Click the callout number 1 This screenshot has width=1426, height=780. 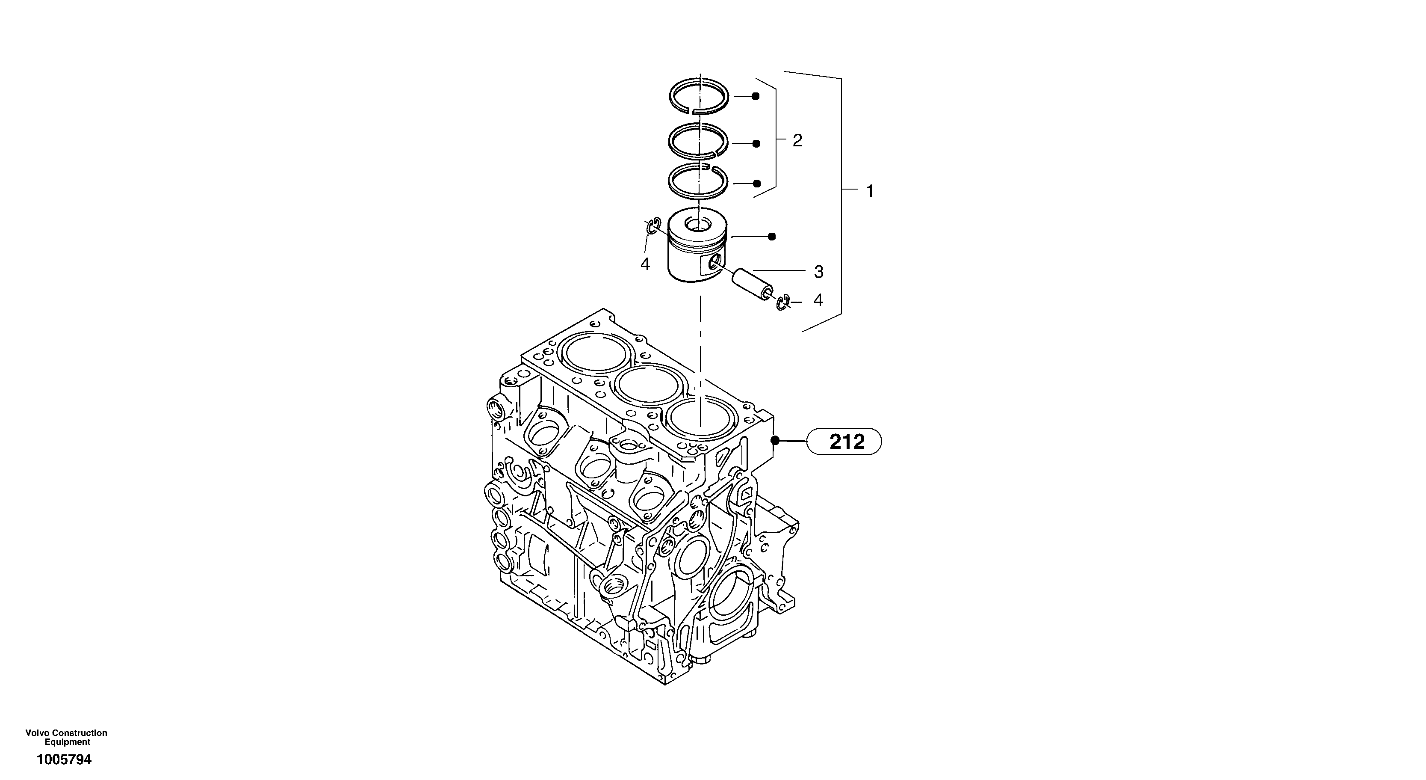pyautogui.click(x=870, y=192)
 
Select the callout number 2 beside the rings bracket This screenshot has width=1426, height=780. pyautogui.click(x=797, y=141)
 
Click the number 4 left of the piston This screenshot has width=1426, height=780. pyautogui.click(x=645, y=265)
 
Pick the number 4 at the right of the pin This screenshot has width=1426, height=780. pyautogui.click(x=818, y=300)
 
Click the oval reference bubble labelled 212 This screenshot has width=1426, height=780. pyautogui.click(x=844, y=442)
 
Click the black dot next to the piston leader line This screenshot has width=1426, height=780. pyautogui.click(x=772, y=237)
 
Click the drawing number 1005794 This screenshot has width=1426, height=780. pyautogui.click(x=64, y=759)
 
